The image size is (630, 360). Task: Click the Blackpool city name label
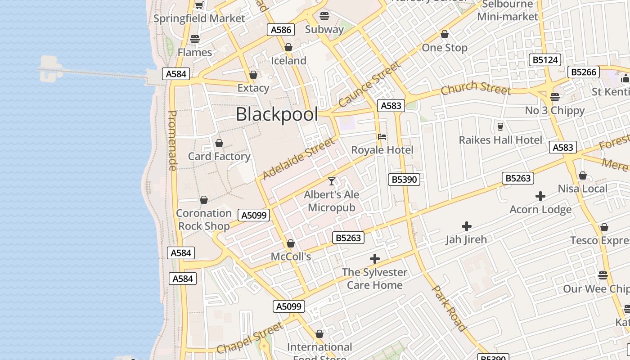point(277,114)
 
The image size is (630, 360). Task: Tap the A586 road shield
point(281,30)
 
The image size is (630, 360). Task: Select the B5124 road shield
point(544,60)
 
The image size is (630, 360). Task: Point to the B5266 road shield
point(584,72)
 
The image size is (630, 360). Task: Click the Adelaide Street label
point(299,158)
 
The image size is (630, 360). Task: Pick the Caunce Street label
point(369,84)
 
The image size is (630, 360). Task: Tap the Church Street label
point(476,88)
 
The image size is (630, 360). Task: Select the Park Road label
point(449,308)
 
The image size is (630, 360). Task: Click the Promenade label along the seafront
point(172,140)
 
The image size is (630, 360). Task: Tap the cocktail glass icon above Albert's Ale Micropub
point(332,181)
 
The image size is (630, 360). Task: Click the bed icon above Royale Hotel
point(382,136)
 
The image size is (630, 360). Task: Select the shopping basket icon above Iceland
point(288,47)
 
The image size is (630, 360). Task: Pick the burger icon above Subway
point(324,16)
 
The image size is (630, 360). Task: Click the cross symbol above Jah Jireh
point(467,226)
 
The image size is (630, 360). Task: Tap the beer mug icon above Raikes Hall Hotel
point(500,126)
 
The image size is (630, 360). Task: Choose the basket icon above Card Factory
point(219,143)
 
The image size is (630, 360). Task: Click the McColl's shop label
point(291,256)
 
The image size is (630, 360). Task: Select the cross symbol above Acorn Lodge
point(540,196)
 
